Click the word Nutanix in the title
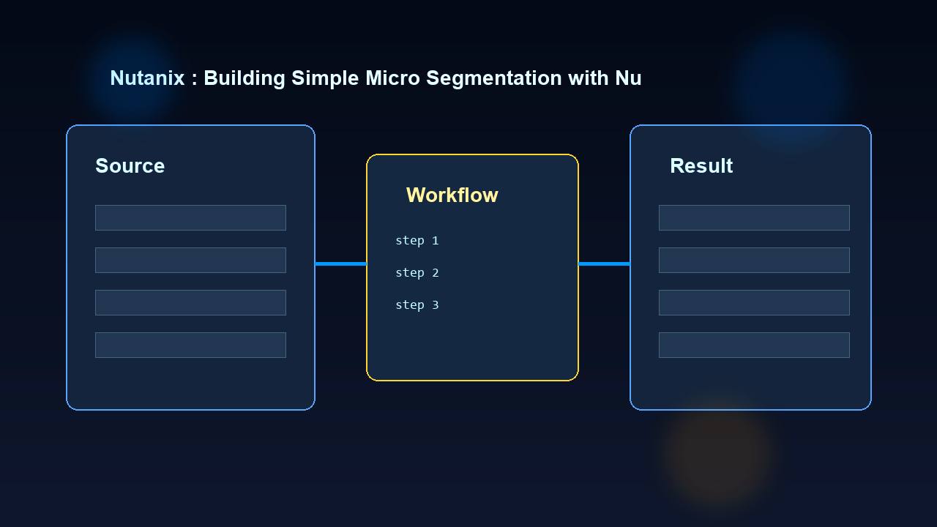[147, 78]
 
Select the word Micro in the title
[392, 78]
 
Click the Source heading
[130, 166]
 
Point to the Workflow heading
[452, 195]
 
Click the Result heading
[701, 166]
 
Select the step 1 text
[417, 241]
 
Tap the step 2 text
[417, 273]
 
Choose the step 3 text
[417, 305]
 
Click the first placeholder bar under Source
[190, 217]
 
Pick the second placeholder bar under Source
[190, 260]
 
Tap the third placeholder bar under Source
[190, 302]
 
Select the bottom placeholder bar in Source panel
[190, 345]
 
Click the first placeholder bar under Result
[754, 217]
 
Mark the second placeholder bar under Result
[754, 260]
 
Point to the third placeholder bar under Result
[754, 302]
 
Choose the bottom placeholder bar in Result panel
[754, 345]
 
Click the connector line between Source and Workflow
[340, 263]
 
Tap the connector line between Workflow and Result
[604, 263]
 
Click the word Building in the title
[244, 78]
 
